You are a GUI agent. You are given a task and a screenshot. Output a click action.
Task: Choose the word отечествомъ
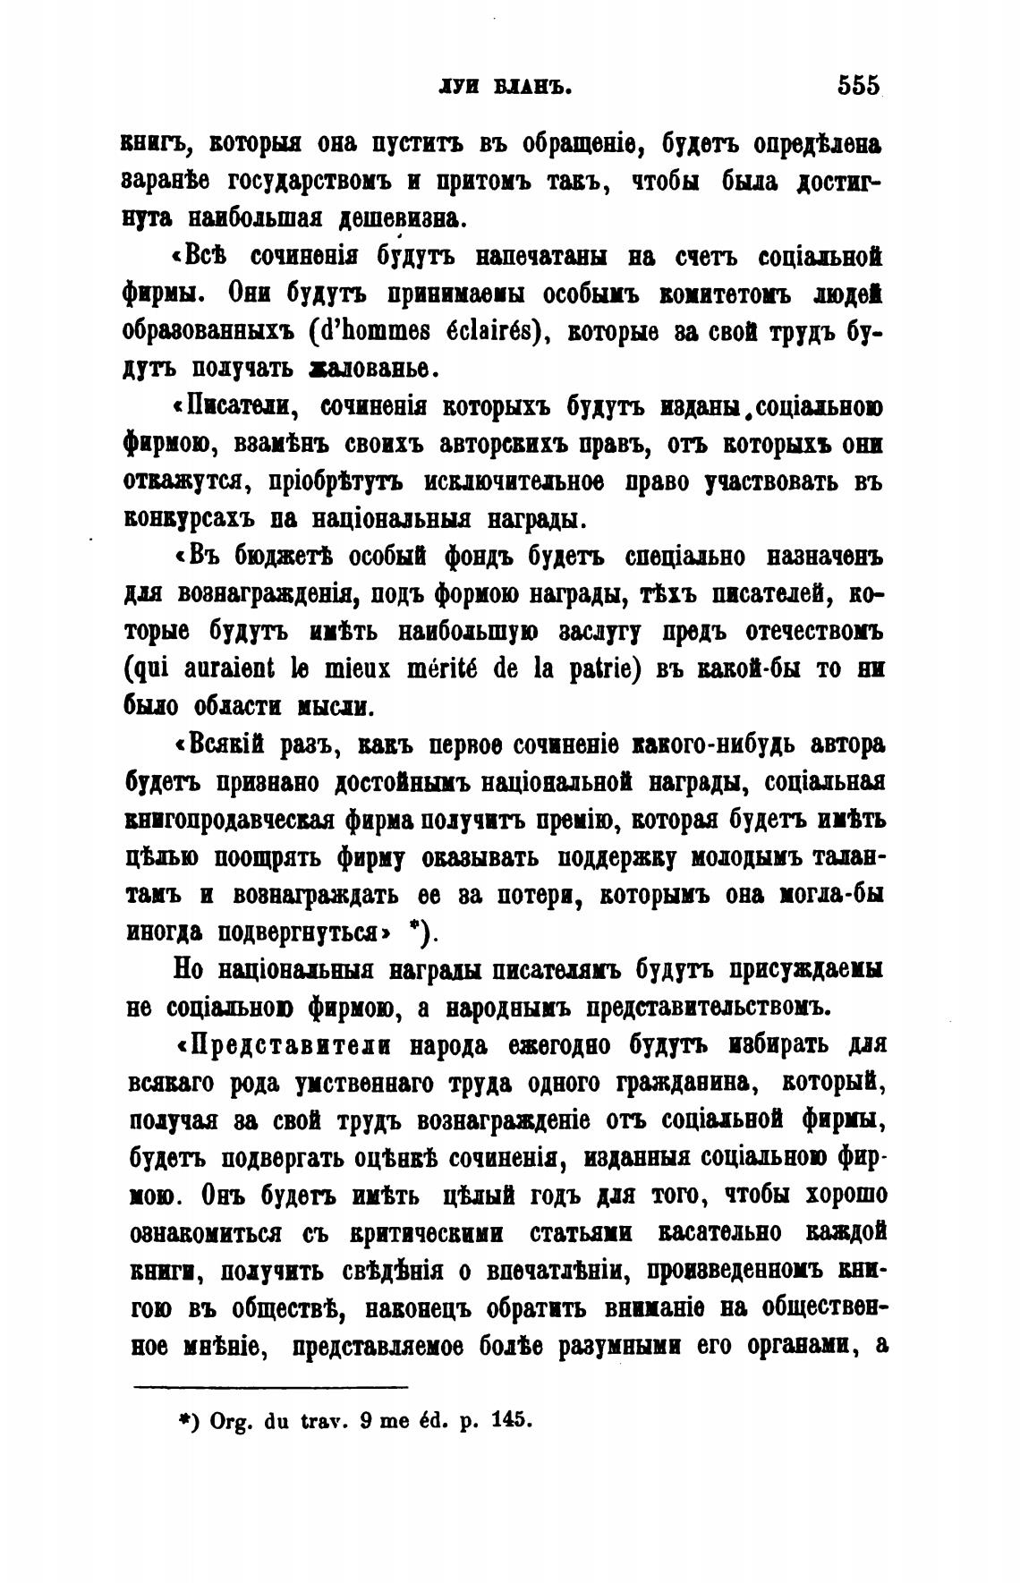point(814,631)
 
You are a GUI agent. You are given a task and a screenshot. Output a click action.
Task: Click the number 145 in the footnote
point(512,1420)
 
